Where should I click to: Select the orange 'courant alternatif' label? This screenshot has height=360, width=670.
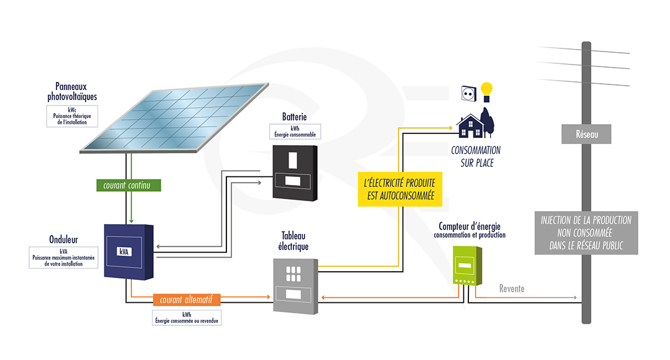pos(186,300)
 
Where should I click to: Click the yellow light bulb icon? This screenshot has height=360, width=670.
pos(487,91)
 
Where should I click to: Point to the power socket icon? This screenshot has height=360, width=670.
pos(468,93)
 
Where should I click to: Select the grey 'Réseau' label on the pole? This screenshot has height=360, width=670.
pos(586,133)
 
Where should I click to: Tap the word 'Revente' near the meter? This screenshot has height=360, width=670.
pos(511,289)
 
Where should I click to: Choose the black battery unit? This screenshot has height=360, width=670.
pos(295,173)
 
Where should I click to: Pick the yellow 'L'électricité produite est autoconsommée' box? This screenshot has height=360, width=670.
pos(400,189)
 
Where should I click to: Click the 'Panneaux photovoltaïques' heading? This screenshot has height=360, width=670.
pos(72,92)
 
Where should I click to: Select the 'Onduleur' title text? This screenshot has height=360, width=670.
pos(63,240)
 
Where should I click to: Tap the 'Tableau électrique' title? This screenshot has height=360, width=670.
pos(295,241)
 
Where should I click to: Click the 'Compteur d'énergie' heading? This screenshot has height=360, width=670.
pos(469,226)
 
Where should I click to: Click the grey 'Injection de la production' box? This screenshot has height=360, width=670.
pos(586,233)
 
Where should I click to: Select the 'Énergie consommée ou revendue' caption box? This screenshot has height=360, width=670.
pos(186,318)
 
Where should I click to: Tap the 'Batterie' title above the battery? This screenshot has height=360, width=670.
pos(294,117)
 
